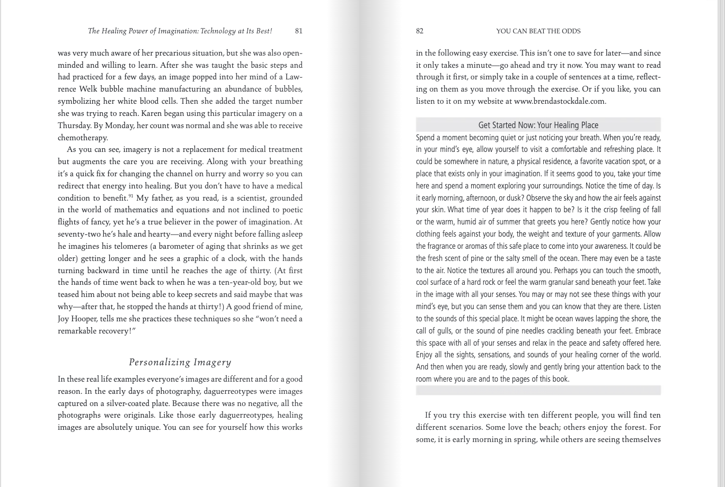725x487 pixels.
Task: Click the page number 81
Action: click(298, 31)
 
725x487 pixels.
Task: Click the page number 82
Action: click(420, 31)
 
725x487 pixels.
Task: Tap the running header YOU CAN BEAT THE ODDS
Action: click(538, 31)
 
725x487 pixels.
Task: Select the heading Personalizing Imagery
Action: click(180, 362)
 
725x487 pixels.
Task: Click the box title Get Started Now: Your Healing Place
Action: click(538, 125)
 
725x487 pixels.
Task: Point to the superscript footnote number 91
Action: click(131, 196)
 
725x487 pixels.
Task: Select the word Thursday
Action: click(74, 125)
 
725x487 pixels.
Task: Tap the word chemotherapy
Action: click(82, 138)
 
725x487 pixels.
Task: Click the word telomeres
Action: click(130, 246)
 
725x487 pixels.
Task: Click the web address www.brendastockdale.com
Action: click(559, 101)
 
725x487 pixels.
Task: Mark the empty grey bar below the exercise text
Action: click(538, 390)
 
